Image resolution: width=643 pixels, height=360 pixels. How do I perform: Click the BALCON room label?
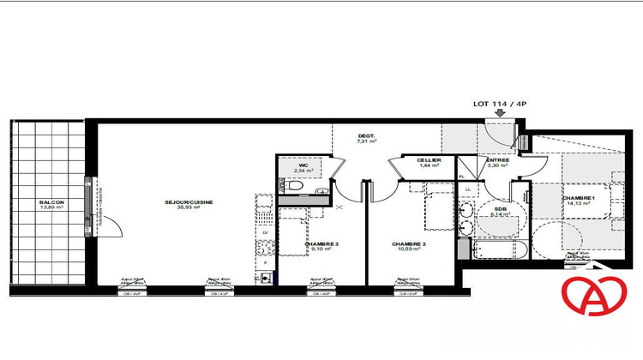(x=51, y=202)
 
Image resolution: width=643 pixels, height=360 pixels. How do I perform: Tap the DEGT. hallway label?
(x=367, y=136)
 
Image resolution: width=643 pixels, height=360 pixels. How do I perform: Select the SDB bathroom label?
(x=501, y=208)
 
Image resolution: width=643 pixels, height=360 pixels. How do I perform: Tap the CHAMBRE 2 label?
(x=408, y=244)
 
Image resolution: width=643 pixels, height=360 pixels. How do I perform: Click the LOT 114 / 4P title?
(x=501, y=104)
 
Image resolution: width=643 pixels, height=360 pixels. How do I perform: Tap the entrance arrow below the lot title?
(x=501, y=112)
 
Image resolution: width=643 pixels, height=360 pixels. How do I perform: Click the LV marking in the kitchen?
(x=265, y=232)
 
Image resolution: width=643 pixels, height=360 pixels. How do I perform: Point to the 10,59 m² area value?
(x=408, y=250)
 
